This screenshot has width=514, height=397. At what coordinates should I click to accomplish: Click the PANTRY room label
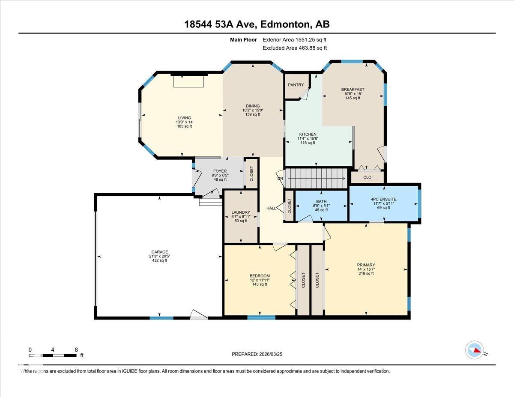pos(296,85)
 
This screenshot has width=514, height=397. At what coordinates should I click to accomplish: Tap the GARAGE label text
pos(160,252)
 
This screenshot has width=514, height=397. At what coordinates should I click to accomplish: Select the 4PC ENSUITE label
pos(383,199)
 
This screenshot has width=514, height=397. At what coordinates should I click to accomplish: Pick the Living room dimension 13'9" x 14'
pos(185,122)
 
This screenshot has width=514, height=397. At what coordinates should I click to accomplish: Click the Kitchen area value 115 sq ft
pos(308,143)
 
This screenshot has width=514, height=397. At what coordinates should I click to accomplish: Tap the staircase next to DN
pos(316,178)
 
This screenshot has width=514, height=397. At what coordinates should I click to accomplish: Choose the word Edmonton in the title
pos(285,24)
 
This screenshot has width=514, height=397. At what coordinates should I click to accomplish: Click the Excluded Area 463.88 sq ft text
pos(295,48)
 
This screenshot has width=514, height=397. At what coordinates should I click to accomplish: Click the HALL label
pos(271,208)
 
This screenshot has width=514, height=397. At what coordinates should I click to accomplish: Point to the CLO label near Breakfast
pos(368,177)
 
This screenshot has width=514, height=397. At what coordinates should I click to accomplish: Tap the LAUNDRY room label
pos(241,212)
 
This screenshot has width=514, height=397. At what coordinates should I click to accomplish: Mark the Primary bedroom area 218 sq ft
pos(366,274)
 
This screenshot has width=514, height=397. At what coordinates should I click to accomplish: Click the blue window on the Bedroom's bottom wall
pos(261,317)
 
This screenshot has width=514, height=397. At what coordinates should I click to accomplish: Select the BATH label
pos(321,201)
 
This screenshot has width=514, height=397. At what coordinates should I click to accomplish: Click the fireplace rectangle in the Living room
pos(188,81)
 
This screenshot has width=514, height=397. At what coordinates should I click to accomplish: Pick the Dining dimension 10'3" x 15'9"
pos(253,110)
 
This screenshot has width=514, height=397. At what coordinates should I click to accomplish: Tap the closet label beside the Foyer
pos(251,173)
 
